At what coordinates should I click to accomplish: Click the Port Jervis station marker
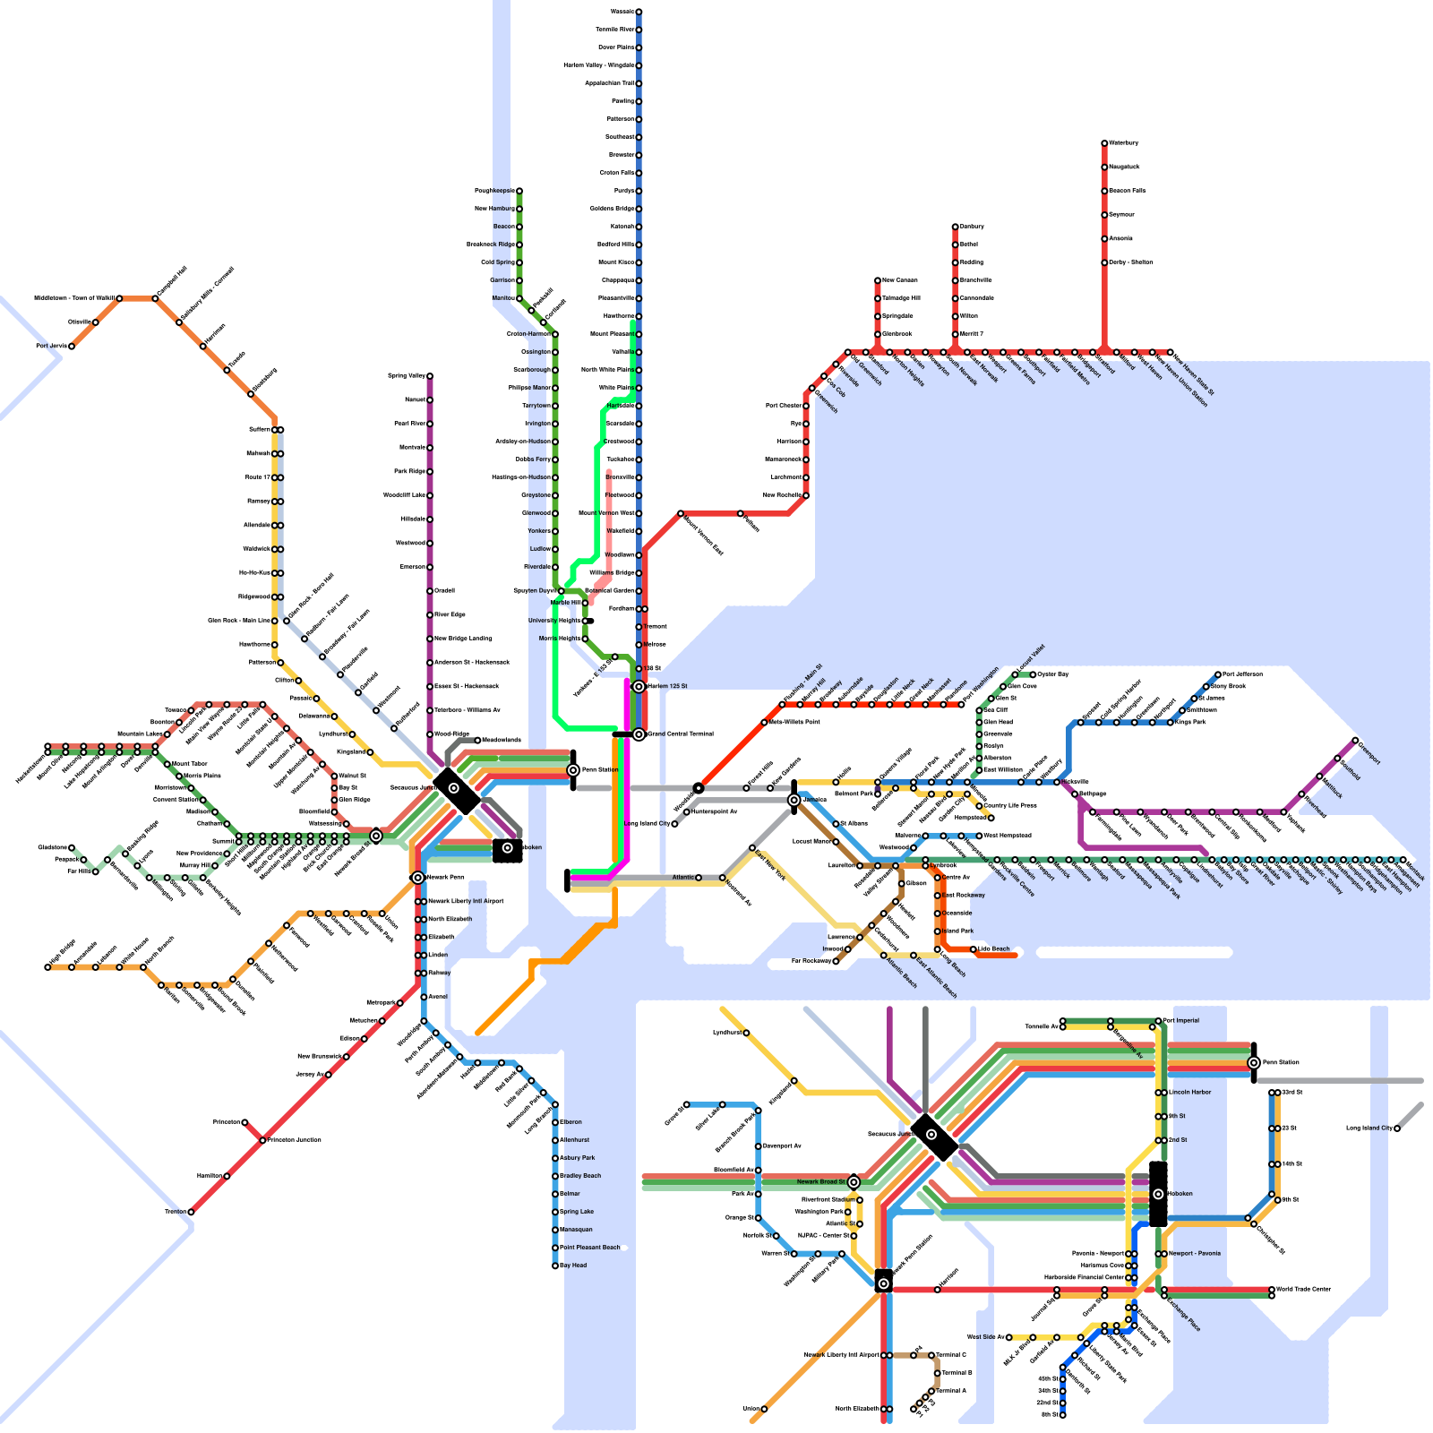(72, 346)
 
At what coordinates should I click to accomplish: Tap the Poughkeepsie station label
(493, 191)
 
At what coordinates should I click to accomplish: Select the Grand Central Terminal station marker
(639, 734)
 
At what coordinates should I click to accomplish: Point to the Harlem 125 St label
(666, 686)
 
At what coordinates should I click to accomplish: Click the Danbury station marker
(955, 227)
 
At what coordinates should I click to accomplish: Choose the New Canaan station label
(900, 280)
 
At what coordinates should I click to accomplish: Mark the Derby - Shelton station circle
(1104, 262)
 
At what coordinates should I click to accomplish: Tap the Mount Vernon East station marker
(681, 513)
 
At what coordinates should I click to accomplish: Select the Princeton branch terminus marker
(245, 1122)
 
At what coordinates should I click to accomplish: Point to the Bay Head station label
(573, 1266)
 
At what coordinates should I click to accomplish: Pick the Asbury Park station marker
(555, 1158)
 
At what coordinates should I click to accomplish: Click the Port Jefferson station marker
(1218, 674)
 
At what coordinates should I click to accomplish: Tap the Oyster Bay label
(1052, 674)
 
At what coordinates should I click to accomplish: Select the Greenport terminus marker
(1355, 741)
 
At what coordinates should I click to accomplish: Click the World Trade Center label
(1303, 1290)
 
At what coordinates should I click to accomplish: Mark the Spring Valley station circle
(430, 376)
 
